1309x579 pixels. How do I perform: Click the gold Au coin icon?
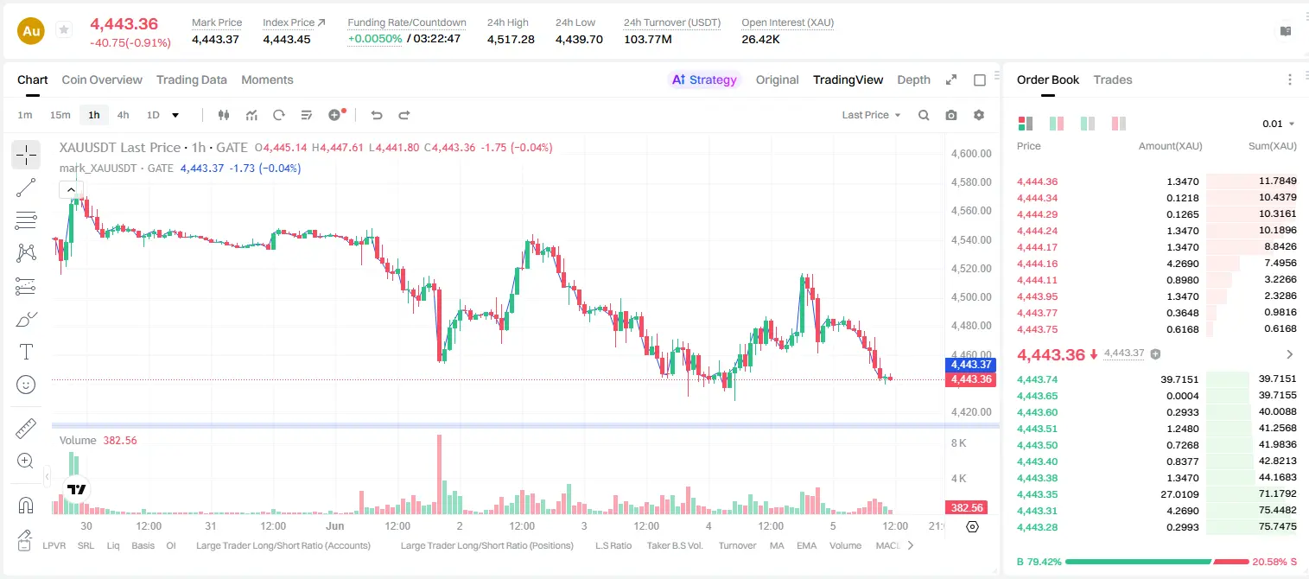(x=31, y=31)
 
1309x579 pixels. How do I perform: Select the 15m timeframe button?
(x=60, y=115)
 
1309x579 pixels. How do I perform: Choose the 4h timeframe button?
(x=123, y=115)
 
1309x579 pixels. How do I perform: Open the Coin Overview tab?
(x=102, y=80)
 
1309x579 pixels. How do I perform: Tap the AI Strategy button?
(x=704, y=80)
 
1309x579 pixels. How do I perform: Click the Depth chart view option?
(x=913, y=80)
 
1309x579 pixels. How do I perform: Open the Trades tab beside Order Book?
(x=1113, y=80)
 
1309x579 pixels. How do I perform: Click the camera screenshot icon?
(x=951, y=115)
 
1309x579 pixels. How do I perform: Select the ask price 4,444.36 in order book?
(x=1038, y=181)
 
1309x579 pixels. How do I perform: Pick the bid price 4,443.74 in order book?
(x=1038, y=379)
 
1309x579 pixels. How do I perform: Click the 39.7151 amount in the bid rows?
(x=1179, y=379)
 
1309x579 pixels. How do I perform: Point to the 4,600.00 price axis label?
(x=971, y=154)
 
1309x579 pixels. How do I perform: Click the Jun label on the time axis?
(x=335, y=525)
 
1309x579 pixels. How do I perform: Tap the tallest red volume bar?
(x=440, y=474)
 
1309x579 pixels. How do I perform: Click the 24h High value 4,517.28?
(x=511, y=39)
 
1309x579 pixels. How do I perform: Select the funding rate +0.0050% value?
(x=375, y=39)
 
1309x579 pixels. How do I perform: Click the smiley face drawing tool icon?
(x=26, y=385)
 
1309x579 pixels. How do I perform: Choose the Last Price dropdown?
(x=871, y=115)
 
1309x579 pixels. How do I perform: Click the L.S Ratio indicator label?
(x=613, y=545)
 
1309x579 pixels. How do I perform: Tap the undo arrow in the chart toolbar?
(x=377, y=115)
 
